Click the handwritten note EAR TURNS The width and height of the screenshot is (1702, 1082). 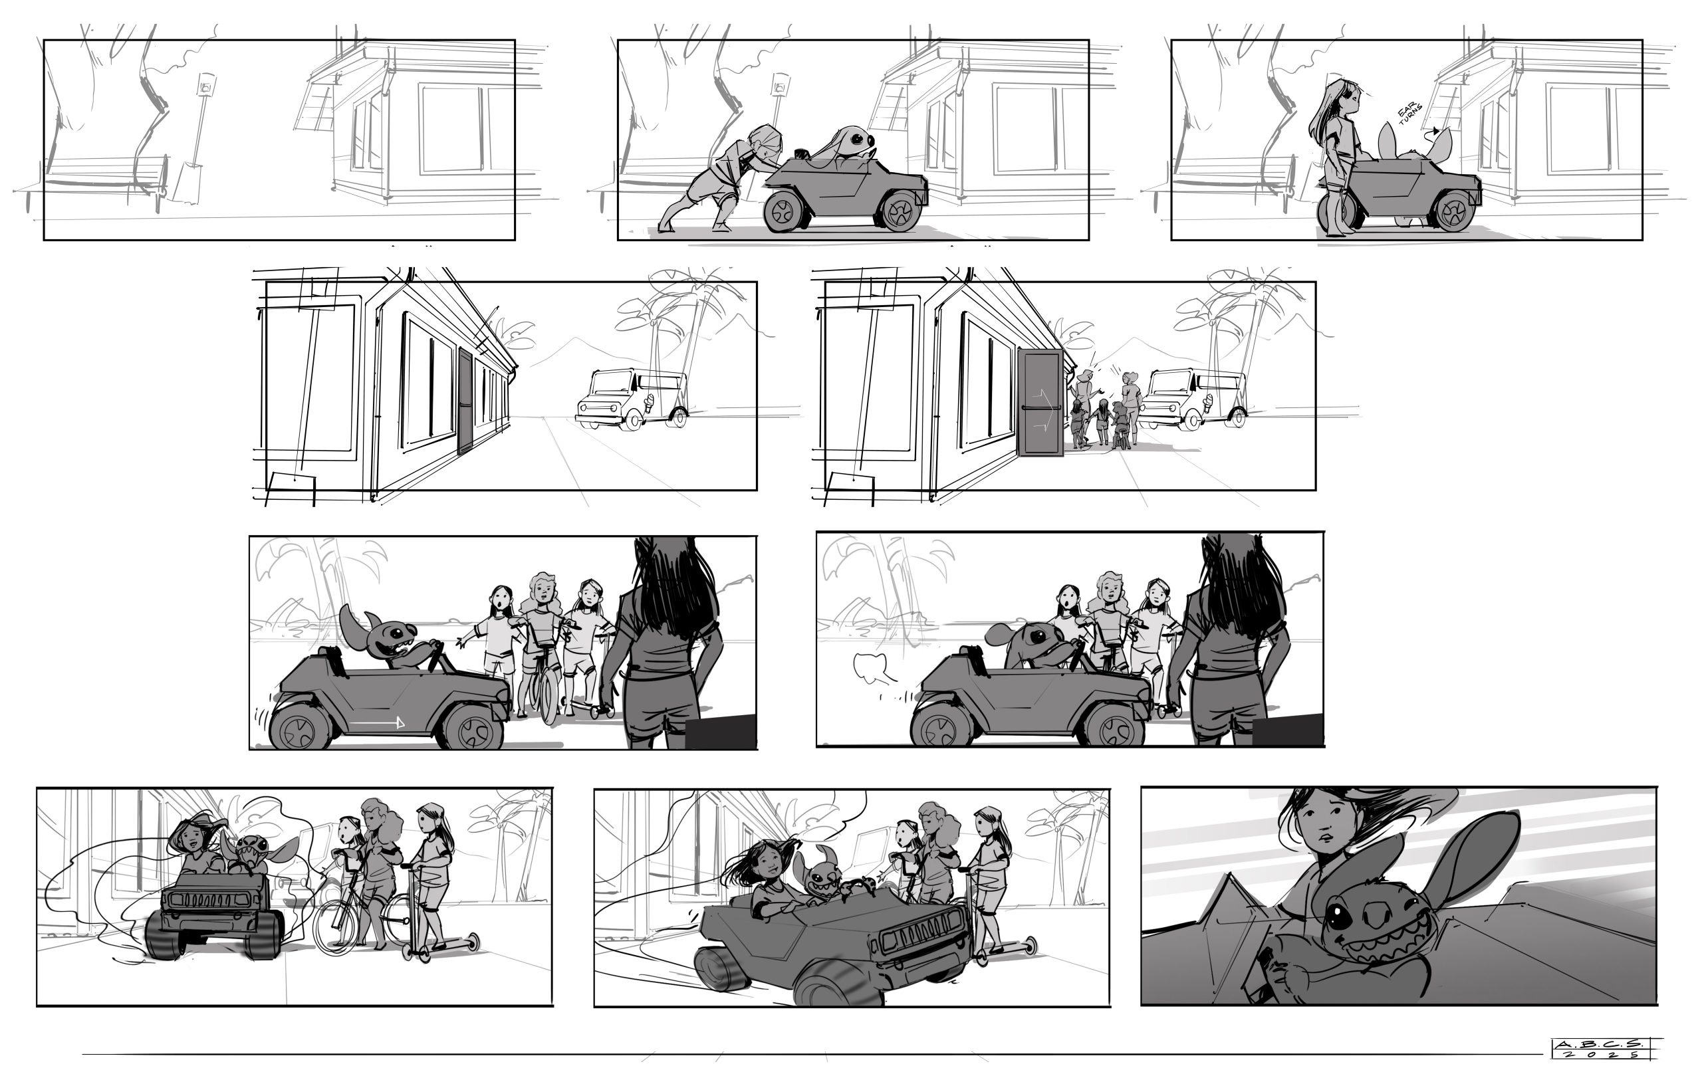click(x=1411, y=114)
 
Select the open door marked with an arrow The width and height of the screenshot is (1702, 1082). click(x=1040, y=403)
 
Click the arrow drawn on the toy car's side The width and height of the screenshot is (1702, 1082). click(x=378, y=722)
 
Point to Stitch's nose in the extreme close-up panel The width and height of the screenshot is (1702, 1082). click(x=1376, y=914)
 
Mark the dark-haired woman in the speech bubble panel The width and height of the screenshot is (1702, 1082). click(x=1230, y=639)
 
